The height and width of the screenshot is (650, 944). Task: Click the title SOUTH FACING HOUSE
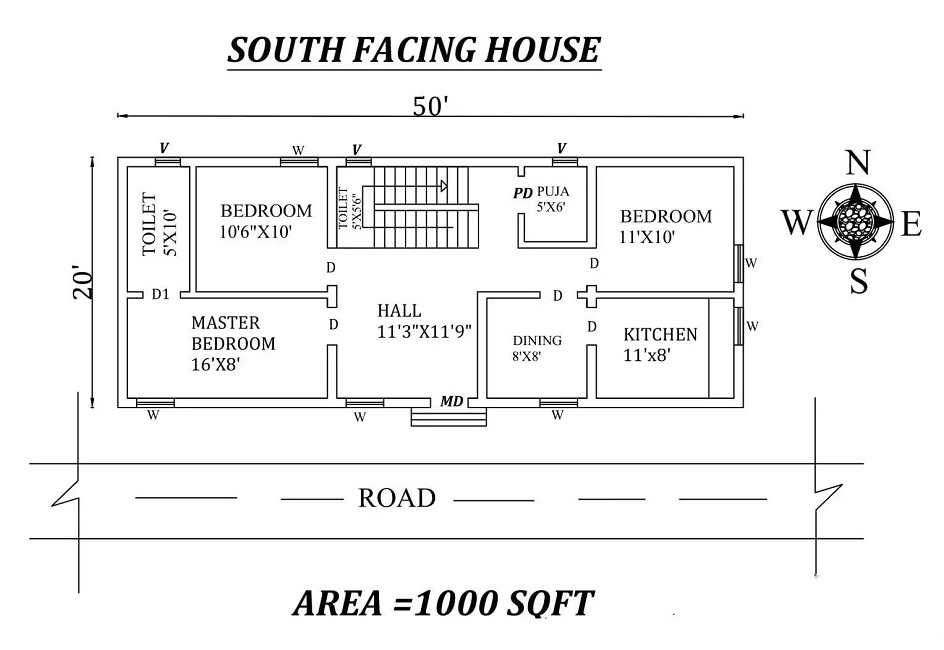click(x=414, y=49)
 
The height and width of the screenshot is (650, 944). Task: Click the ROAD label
click(x=397, y=498)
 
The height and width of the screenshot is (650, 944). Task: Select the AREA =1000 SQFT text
click(x=443, y=604)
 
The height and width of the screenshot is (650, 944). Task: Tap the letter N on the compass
click(x=856, y=162)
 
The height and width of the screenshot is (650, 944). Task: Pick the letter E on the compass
click(x=910, y=226)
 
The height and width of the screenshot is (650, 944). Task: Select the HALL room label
click(x=399, y=311)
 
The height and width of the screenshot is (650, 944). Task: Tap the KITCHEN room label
click(x=660, y=334)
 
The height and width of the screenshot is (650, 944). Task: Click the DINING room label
click(x=537, y=341)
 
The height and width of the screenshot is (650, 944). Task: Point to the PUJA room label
click(x=553, y=191)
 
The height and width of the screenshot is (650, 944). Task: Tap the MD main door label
click(x=451, y=401)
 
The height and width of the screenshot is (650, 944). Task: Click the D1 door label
click(x=160, y=295)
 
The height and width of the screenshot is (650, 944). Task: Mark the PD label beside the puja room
click(x=522, y=193)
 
